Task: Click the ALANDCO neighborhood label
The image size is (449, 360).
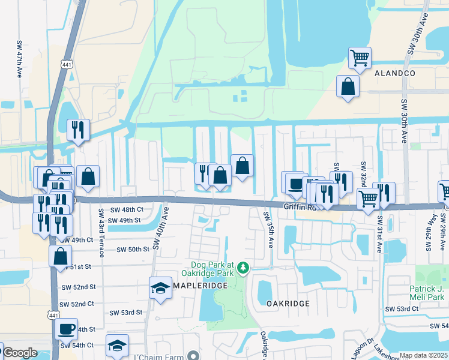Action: pyautogui.click(x=394, y=73)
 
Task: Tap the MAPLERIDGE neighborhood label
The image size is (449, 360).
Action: pyautogui.click(x=200, y=286)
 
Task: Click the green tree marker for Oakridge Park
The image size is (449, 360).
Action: pyautogui.click(x=243, y=267)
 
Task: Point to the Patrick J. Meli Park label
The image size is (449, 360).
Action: pyautogui.click(x=427, y=292)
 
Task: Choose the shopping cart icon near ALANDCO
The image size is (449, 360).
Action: pyautogui.click(x=360, y=58)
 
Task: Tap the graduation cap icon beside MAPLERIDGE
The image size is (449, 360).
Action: pyautogui.click(x=160, y=288)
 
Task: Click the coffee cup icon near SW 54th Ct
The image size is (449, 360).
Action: pyautogui.click(x=66, y=329)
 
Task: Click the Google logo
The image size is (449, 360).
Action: pyautogui.click(x=20, y=353)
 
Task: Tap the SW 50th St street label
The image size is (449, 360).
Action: pyautogui.click(x=132, y=249)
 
